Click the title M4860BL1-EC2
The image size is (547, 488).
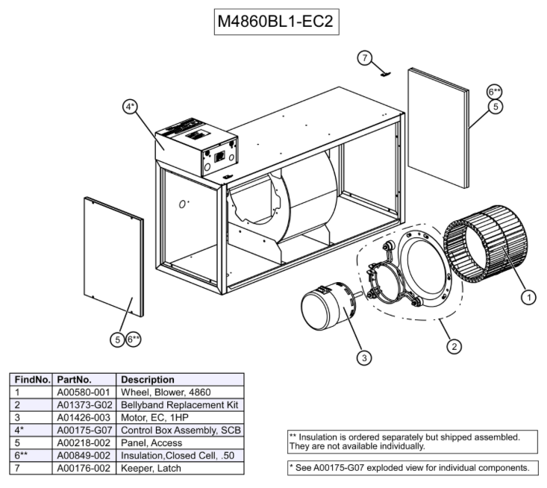[275, 22]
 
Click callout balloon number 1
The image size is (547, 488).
[528, 297]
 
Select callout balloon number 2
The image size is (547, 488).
[452, 346]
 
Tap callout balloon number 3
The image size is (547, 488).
[363, 357]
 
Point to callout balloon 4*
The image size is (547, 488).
[131, 107]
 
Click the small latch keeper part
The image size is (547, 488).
[385, 73]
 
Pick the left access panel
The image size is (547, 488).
[113, 257]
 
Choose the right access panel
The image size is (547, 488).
[439, 128]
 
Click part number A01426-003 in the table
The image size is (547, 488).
[84, 417]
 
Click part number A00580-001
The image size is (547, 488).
[84, 392]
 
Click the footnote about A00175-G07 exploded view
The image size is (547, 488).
[410, 468]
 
